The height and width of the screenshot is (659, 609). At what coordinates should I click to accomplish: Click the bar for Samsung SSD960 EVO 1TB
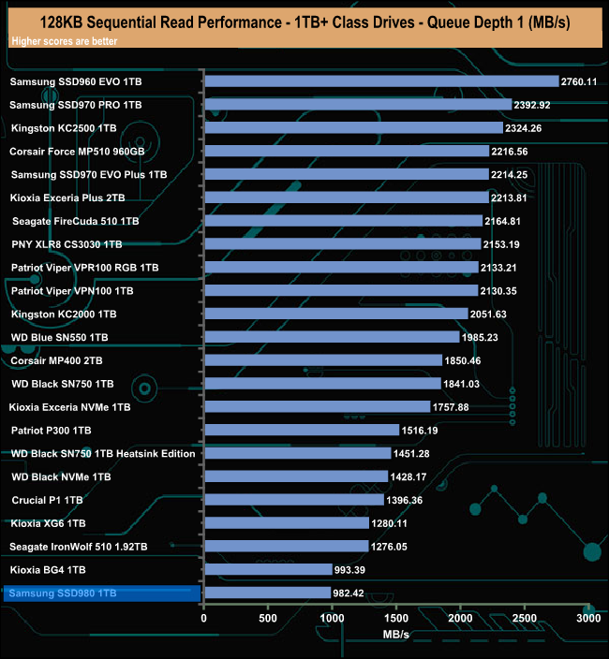click(380, 81)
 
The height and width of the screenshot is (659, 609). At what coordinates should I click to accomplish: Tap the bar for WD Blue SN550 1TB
click(332, 337)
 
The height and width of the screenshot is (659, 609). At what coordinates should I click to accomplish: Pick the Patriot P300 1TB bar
click(302, 430)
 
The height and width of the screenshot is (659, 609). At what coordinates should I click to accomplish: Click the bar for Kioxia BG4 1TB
click(268, 569)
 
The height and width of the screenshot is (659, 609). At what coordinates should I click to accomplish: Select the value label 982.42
click(352, 593)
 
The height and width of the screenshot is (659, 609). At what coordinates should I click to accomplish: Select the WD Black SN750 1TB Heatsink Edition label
click(103, 453)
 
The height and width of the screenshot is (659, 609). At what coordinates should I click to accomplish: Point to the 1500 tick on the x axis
click(396, 619)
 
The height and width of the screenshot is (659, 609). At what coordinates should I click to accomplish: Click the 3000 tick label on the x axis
click(588, 619)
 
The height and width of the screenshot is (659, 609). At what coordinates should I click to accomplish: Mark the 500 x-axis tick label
click(268, 619)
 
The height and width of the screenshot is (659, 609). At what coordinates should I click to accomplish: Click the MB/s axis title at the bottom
click(396, 635)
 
